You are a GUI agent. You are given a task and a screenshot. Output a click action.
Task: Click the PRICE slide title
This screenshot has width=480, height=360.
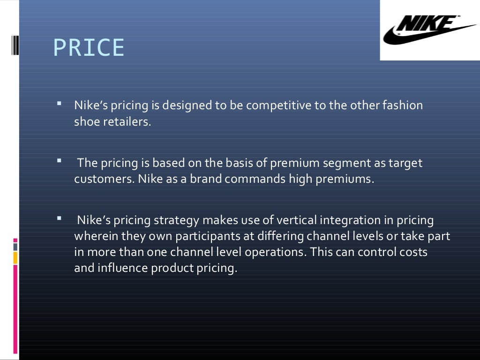coord(89,48)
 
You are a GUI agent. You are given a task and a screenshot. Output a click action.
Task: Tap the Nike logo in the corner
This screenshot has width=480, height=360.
coord(429,30)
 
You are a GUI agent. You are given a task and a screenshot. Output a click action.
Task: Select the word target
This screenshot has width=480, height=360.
coord(405,163)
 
